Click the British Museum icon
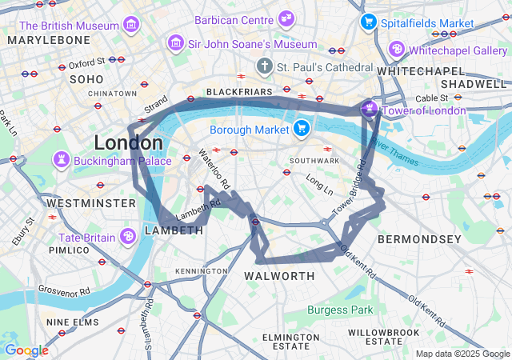point(130,26)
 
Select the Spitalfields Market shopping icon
point(368,22)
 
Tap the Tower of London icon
point(370,110)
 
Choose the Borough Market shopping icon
point(302,128)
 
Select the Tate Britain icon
point(127,237)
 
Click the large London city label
point(128,143)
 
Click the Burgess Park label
point(340,310)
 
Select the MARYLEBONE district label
point(49,39)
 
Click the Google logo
point(26,350)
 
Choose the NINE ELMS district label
point(72,322)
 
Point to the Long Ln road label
point(319,188)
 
